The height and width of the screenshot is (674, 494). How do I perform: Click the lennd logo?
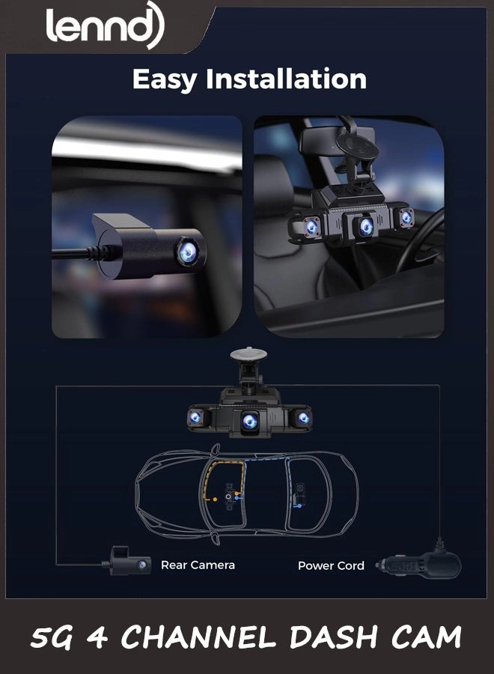pos(104,28)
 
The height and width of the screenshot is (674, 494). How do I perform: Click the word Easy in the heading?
pos(166,79)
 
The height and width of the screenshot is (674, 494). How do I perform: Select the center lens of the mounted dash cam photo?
pos(366,226)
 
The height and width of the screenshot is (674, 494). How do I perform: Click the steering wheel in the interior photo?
pos(419,247)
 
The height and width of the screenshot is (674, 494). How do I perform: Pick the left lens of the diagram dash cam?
pos(195,417)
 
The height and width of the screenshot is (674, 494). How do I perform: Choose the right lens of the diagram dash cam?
pos(302,418)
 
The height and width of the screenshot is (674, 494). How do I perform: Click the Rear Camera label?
pos(198,565)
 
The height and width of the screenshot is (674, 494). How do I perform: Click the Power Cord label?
pos(331,565)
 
